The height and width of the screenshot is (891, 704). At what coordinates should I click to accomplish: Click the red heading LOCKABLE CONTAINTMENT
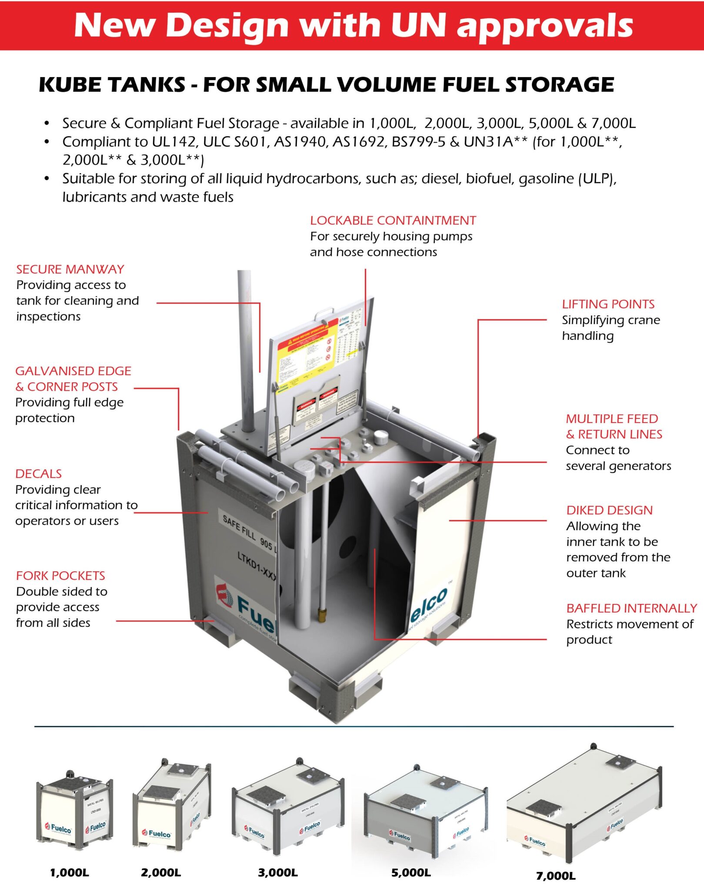393,221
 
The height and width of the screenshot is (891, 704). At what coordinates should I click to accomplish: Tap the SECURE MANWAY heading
70,269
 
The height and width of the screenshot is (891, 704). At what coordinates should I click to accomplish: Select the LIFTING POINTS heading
608,304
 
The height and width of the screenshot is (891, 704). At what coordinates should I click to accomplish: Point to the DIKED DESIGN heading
609,510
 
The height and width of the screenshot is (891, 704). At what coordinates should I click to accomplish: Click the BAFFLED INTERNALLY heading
631,608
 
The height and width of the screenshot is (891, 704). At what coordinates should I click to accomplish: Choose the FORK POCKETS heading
60,576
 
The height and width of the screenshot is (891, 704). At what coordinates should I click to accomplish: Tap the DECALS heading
38,474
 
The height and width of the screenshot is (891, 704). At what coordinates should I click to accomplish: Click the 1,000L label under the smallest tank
70,873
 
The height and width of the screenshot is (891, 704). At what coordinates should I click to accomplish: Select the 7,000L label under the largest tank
556,876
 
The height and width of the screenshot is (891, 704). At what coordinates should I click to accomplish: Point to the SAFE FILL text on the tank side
239,527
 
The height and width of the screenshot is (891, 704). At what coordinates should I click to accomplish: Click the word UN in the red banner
418,25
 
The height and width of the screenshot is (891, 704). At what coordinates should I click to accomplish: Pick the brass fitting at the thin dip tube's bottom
322,615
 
